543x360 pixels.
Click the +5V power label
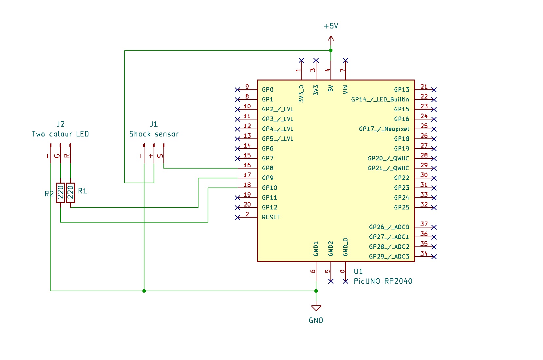tap(331, 26)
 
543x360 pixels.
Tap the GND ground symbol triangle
tap(316, 308)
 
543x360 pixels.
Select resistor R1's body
tap(70, 193)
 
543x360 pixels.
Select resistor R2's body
tap(61, 193)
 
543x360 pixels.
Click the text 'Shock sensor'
tap(154, 134)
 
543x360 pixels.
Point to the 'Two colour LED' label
tap(61, 134)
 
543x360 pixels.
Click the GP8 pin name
tap(268, 168)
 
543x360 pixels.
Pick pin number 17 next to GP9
tap(247, 175)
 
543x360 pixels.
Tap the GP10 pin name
tap(269, 188)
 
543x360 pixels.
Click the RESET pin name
tap(271, 217)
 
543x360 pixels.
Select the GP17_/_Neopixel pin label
tap(384, 129)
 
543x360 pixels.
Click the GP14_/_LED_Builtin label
tap(380, 99)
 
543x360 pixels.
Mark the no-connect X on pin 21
tap(434, 90)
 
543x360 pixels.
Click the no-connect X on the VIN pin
tap(346, 61)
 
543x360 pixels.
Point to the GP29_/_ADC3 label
tap(389, 257)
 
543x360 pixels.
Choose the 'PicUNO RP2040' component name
tap(383, 281)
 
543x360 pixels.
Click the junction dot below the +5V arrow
tap(331, 50)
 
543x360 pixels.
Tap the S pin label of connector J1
tap(160, 156)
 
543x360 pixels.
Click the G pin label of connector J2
tap(57, 156)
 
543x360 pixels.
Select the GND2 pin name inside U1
tap(331, 249)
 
